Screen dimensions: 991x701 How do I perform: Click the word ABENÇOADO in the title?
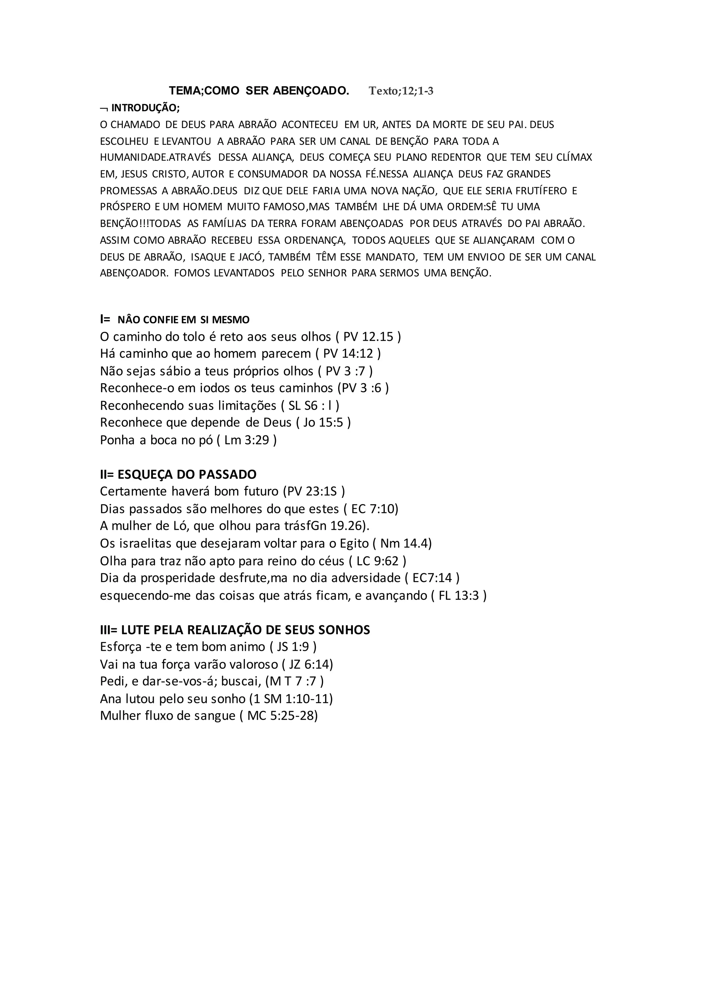click(x=311, y=91)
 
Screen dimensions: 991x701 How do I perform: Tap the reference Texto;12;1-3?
click(x=401, y=91)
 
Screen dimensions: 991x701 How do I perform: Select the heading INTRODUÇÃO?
click(x=145, y=108)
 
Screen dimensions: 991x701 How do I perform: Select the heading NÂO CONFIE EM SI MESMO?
click(x=183, y=320)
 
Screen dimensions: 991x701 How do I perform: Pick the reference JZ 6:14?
click(x=311, y=664)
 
